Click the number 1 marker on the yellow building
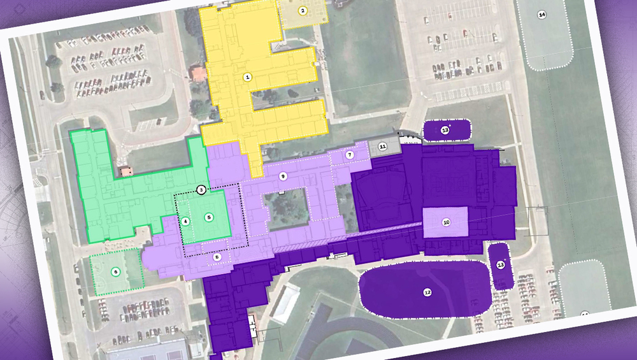(x=248, y=76)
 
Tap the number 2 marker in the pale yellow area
(x=303, y=10)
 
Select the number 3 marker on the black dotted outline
(x=201, y=189)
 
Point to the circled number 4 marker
(x=185, y=222)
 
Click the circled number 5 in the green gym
(x=209, y=217)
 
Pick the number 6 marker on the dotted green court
(x=115, y=271)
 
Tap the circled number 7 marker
(x=350, y=155)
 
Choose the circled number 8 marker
(x=217, y=257)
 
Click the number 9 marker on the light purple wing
(x=283, y=175)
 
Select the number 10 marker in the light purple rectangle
(x=446, y=222)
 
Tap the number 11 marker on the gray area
(x=382, y=147)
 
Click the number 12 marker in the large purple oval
(x=427, y=292)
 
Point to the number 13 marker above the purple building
(x=445, y=131)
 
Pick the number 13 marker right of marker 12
(x=501, y=264)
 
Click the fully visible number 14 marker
(x=542, y=14)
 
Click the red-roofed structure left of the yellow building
(x=199, y=73)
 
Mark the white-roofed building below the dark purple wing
(x=285, y=303)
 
